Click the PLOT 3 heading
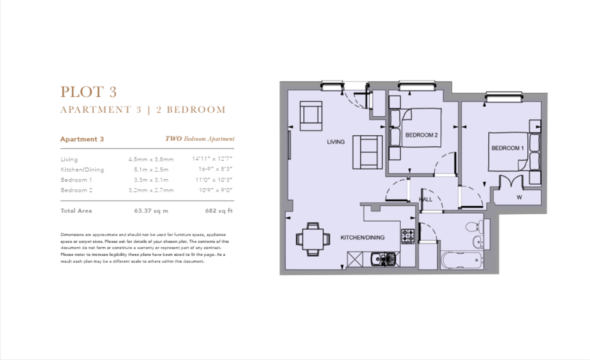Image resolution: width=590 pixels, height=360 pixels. (x=88, y=92)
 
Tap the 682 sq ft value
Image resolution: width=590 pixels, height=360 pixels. (x=219, y=211)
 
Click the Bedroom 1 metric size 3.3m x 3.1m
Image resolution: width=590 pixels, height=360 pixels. (x=148, y=180)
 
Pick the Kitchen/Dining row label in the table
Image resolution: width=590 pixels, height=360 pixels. (x=82, y=169)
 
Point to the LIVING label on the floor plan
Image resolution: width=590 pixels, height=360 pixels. (x=336, y=142)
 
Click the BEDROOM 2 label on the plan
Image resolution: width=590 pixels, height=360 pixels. (x=421, y=135)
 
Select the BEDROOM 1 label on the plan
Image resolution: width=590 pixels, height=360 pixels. (x=507, y=148)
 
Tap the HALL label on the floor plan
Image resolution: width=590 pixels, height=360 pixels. (x=425, y=199)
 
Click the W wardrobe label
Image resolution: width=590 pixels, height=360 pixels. (x=519, y=197)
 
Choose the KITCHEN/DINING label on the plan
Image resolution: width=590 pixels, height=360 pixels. (x=362, y=237)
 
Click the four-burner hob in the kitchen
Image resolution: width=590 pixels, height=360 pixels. (x=408, y=236)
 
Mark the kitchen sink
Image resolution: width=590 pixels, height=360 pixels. (x=382, y=259)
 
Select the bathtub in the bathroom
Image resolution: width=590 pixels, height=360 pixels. (x=462, y=260)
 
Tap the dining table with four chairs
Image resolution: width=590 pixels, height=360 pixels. (x=313, y=239)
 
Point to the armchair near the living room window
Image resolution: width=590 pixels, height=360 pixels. (x=311, y=116)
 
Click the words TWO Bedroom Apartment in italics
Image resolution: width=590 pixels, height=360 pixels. (x=200, y=139)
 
